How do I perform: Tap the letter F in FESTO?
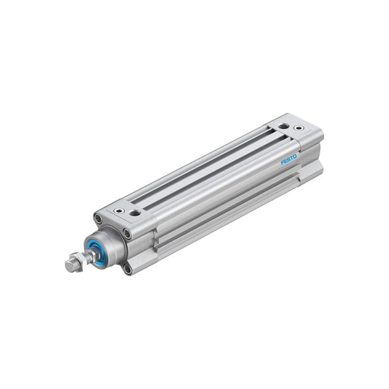283,163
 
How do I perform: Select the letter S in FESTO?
289,159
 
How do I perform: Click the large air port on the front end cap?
135,213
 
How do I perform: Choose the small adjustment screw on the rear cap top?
298,128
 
